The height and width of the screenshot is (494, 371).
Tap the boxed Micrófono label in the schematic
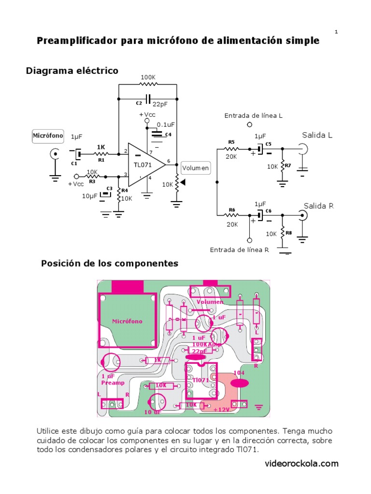pos(48,136)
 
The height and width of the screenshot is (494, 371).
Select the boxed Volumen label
pos(196,168)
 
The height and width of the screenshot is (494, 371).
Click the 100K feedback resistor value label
pos(148,77)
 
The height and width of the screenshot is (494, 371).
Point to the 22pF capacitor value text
pos(160,104)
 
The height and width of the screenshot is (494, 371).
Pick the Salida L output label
pos(317,135)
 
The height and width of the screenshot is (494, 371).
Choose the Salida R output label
pos(318,206)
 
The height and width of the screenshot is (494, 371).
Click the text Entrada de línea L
pos(254,116)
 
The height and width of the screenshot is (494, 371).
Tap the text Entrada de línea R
pos(239,249)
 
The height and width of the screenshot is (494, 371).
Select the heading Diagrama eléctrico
pos(72,71)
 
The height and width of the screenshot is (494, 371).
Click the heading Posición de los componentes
pos(110,263)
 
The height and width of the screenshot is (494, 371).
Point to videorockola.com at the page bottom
pos(301,464)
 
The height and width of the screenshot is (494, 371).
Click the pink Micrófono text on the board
pos(127,321)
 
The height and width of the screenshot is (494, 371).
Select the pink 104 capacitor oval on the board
pos(240,383)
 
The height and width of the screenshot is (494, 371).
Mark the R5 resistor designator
pos(231,142)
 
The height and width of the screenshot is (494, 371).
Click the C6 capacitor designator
pos(269,211)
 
